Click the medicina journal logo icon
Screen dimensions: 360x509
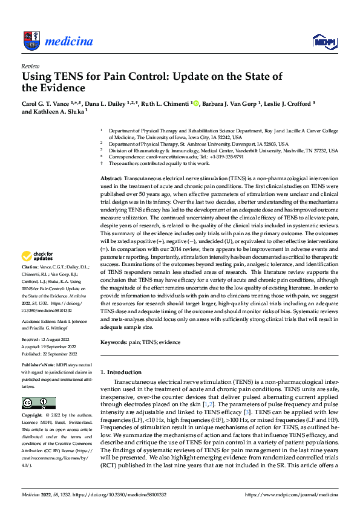(31, 41)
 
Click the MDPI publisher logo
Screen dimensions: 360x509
(322, 41)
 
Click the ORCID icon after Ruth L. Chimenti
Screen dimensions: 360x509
(195, 103)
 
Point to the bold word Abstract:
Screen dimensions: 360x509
(111, 180)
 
